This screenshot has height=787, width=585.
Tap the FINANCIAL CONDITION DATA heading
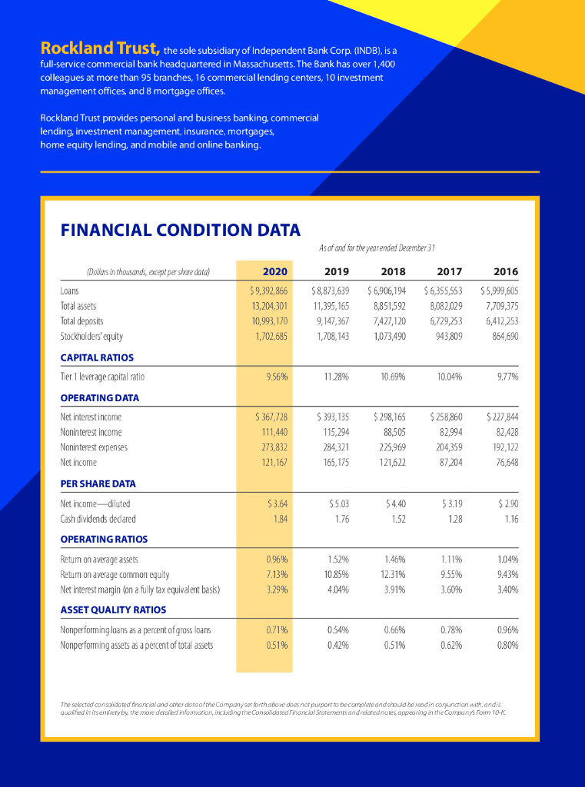(x=180, y=230)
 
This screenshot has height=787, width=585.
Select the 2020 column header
(x=274, y=271)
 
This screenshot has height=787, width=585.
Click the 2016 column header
(x=506, y=271)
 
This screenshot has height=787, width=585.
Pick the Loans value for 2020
(x=268, y=291)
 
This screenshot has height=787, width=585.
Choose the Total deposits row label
(x=81, y=320)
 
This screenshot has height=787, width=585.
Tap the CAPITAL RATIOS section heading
(x=97, y=357)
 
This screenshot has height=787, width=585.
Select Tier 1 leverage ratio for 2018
(x=393, y=377)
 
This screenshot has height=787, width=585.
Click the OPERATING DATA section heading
(x=100, y=397)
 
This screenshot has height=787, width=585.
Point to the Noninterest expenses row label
(x=94, y=447)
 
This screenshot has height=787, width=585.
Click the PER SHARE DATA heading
(x=98, y=483)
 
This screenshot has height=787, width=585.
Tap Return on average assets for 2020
(x=277, y=559)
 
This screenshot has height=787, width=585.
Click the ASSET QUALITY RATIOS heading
(x=113, y=609)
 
